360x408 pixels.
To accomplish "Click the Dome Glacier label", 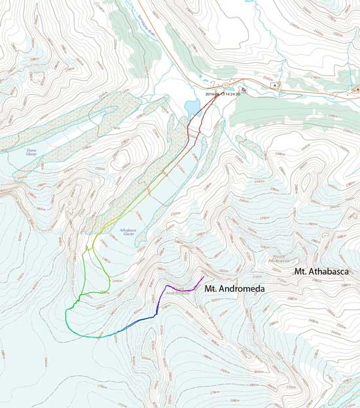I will [x=31, y=152].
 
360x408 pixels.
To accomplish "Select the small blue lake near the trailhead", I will [x=192, y=106].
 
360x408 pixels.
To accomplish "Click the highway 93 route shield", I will [x=226, y=85].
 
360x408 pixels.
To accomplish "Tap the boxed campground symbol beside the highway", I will [x=276, y=84].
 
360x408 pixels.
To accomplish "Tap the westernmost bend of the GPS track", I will [x=66, y=315].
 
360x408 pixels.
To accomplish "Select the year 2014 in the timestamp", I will [x=210, y=94].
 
